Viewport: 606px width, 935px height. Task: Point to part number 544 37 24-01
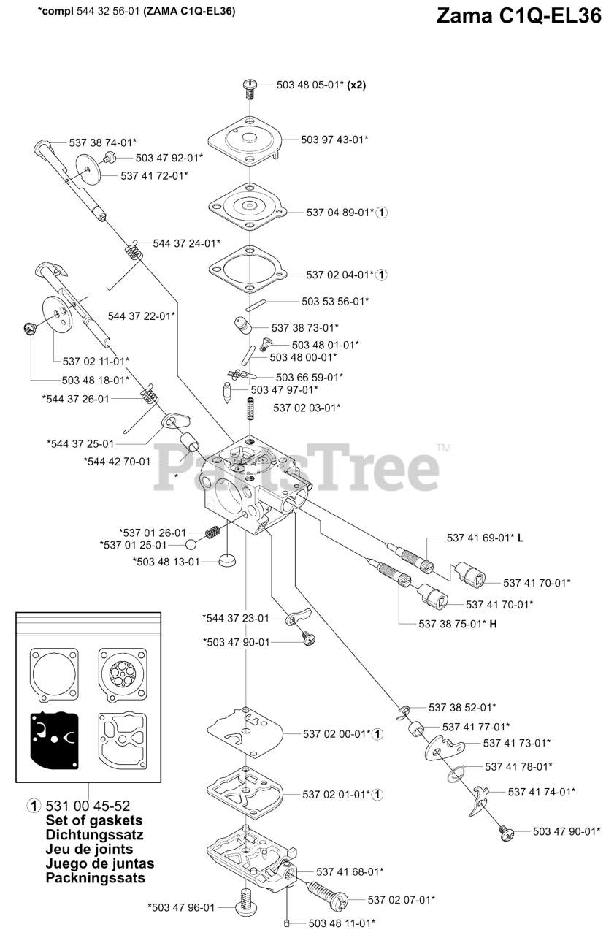tap(186, 243)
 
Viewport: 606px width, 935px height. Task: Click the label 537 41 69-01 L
tap(486, 538)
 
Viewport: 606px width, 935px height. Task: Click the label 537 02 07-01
tap(401, 900)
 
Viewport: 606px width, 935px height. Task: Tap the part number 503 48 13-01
tap(166, 562)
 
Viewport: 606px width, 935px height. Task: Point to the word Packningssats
tap(95, 878)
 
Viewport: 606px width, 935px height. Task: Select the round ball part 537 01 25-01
tap(191, 545)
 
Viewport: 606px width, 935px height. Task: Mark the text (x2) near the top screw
tap(356, 85)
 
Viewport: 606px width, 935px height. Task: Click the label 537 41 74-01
tap(541, 791)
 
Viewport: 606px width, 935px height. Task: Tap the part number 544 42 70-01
tap(117, 462)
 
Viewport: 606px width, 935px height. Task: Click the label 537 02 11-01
tap(96, 361)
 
